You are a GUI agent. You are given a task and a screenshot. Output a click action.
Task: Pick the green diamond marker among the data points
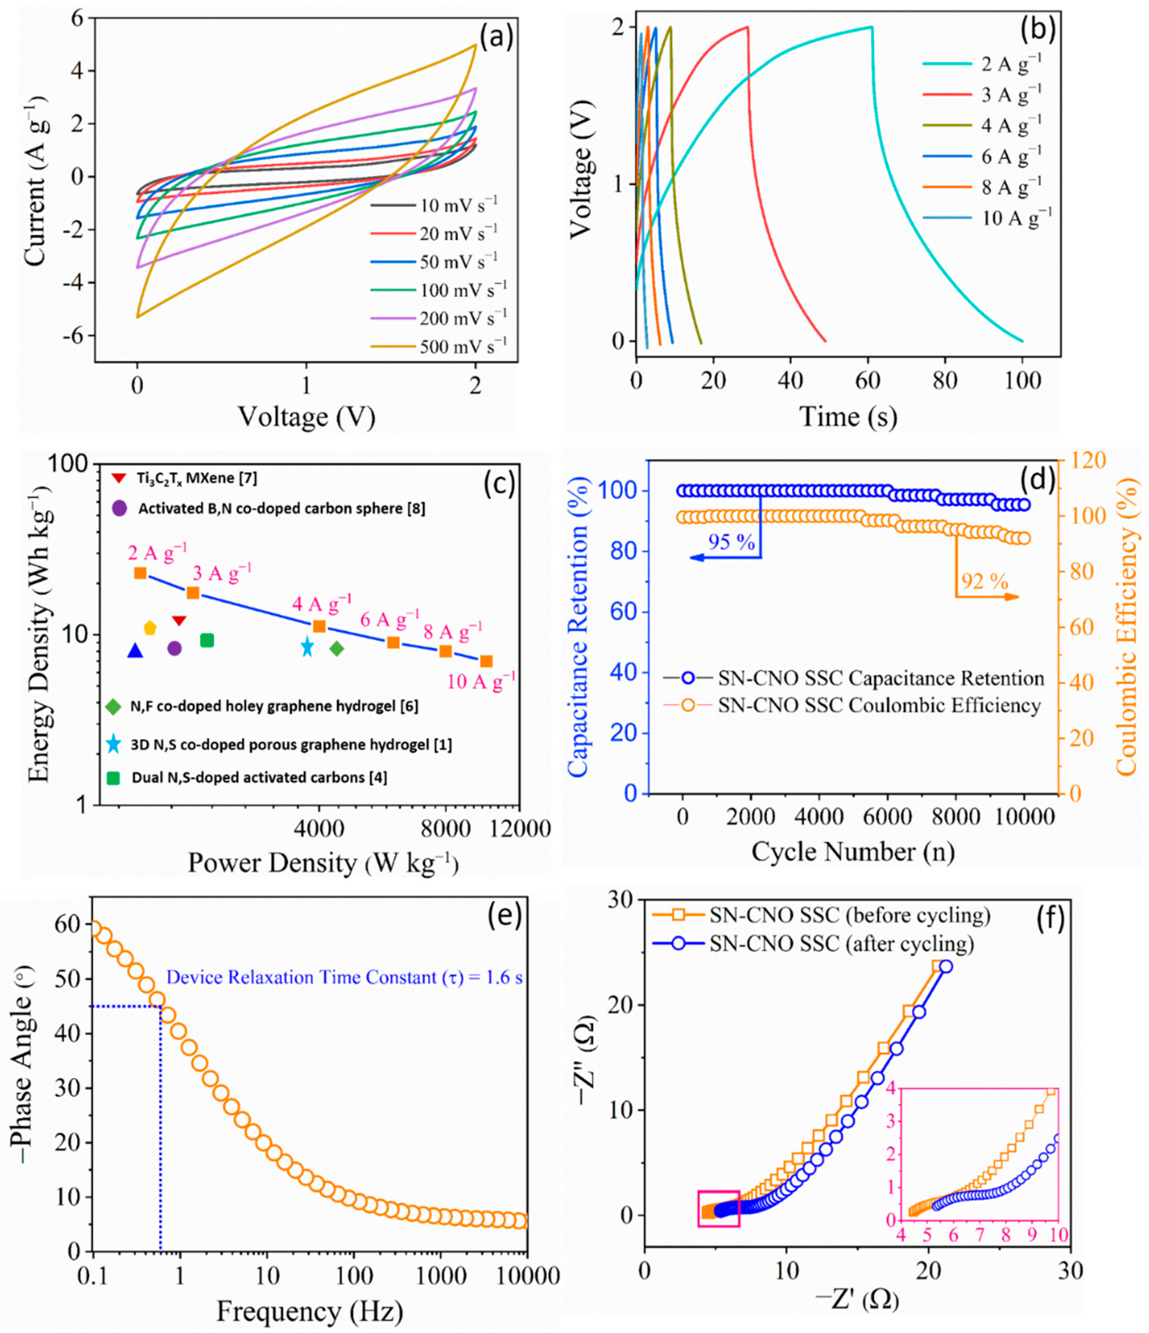337,649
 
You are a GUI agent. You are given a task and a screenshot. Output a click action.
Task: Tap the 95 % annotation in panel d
731,542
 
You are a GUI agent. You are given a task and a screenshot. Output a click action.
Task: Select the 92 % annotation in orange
984,582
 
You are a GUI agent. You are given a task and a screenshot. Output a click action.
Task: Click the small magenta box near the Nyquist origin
719,1208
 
